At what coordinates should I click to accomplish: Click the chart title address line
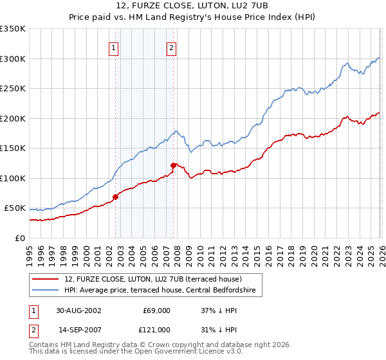(192, 6)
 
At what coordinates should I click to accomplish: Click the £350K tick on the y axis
(13, 29)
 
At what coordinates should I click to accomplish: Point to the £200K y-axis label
(13, 118)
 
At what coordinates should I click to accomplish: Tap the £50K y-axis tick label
(15, 208)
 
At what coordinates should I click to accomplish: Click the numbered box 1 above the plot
(113, 46)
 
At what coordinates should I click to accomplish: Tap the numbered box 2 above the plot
(172, 46)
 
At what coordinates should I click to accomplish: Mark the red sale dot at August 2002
(116, 197)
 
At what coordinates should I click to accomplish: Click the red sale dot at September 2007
(173, 166)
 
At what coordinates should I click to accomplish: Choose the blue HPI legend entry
(160, 291)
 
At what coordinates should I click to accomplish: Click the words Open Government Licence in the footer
(175, 353)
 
